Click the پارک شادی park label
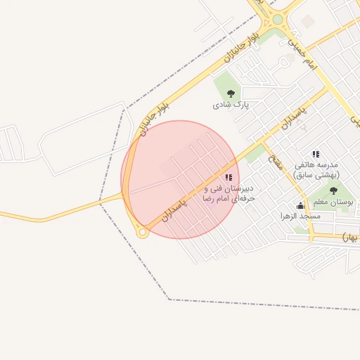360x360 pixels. pos(231,105)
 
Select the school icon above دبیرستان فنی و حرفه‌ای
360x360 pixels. pos(228,177)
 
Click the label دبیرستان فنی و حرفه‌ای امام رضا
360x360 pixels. pos(229,194)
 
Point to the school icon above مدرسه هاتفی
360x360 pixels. pos(316,154)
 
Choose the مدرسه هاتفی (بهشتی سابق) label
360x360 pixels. pos(319,169)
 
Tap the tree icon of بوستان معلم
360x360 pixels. pos(333,190)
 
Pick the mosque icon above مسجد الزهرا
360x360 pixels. pos(301,205)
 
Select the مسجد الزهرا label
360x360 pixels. pos(300,216)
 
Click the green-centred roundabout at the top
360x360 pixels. pos(278,20)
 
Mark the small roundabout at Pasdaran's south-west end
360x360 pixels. pos(142,233)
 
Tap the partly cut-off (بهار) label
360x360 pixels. pos(350,238)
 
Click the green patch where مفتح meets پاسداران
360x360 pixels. pos(256,153)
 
